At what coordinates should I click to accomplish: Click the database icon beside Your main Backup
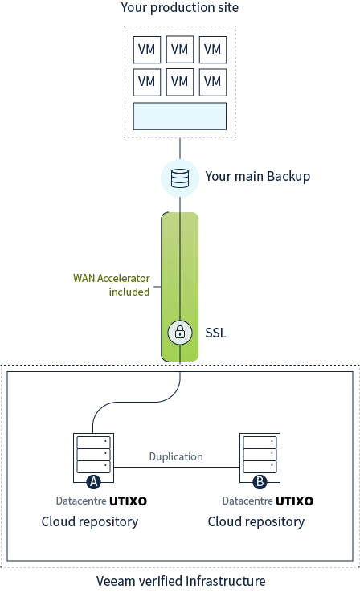(x=180, y=178)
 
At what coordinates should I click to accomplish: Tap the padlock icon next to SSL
(x=180, y=332)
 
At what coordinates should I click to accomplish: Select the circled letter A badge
(x=93, y=482)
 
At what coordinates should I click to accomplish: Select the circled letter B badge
(x=260, y=482)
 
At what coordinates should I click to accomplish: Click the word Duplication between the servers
(x=176, y=456)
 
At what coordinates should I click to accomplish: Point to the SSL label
(x=215, y=333)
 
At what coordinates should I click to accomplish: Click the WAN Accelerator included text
(x=112, y=284)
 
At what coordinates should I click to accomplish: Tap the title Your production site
(x=180, y=7)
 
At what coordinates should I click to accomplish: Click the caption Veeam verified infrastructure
(x=181, y=581)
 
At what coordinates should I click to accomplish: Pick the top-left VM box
(x=147, y=49)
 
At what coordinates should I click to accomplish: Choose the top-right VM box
(x=213, y=49)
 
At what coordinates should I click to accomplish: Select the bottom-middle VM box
(x=180, y=82)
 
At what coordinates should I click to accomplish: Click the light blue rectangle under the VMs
(x=180, y=117)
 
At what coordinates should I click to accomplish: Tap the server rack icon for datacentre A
(x=93, y=458)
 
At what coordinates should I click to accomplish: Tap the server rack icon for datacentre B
(x=260, y=458)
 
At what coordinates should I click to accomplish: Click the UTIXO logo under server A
(x=128, y=501)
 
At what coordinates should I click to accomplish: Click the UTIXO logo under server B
(x=294, y=501)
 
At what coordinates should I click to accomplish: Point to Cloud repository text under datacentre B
(x=256, y=521)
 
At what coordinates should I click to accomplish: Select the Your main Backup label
(x=258, y=176)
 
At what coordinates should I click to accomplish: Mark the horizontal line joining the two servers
(x=177, y=468)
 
